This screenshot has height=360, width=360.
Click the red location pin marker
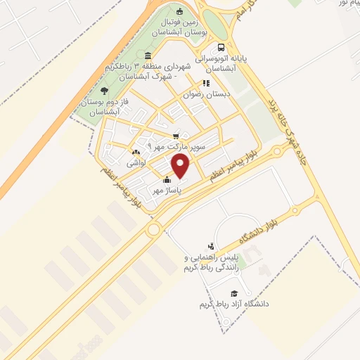(x=181, y=167)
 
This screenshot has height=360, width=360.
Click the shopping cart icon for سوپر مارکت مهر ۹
(x=176, y=136)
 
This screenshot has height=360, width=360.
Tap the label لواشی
(x=136, y=162)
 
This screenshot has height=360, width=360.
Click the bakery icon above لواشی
(x=136, y=151)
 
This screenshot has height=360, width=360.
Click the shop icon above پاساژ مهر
(x=167, y=180)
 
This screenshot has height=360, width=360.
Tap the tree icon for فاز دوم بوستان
(x=105, y=91)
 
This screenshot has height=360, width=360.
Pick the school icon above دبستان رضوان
(x=206, y=82)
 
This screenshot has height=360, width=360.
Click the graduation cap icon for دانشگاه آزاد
(x=234, y=293)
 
